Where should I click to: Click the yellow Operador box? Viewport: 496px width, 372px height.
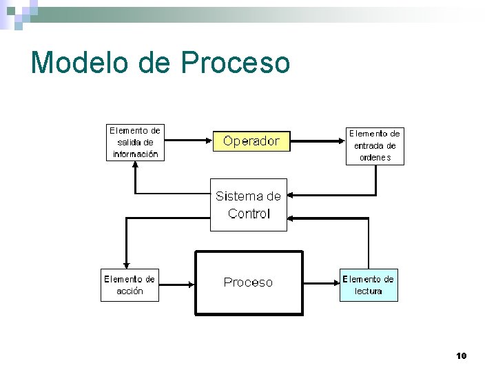pyautogui.click(x=251, y=141)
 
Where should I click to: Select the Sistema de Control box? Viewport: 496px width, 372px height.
pyautogui.click(x=248, y=205)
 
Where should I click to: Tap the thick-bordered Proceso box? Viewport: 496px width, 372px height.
pyautogui.click(x=249, y=282)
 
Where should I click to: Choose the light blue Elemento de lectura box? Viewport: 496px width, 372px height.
pyautogui.click(x=369, y=285)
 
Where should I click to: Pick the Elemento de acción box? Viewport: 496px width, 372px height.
pyautogui.click(x=130, y=285)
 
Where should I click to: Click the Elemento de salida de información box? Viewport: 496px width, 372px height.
pyautogui.click(x=136, y=143)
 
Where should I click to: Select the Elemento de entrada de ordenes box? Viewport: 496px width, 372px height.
pyautogui.click(x=375, y=145)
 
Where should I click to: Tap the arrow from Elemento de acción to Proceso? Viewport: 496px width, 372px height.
pyautogui.click(x=177, y=283)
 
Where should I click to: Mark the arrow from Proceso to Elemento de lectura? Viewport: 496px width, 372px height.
pyautogui.click(x=320, y=283)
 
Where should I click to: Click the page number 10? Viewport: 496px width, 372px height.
pyautogui.click(x=462, y=355)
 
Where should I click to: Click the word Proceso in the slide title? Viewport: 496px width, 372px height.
pyautogui.click(x=236, y=63)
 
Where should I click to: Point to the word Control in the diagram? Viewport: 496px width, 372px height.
pyautogui.click(x=249, y=214)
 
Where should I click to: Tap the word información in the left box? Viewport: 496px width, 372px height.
pyautogui.click(x=136, y=154)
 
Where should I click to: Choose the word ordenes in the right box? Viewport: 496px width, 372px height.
pyautogui.click(x=375, y=157)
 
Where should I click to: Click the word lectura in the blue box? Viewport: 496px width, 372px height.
pyautogui.click(x=369, y=291)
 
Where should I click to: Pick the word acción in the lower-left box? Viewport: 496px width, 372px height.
pyautogui.click(x=130, y=291)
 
